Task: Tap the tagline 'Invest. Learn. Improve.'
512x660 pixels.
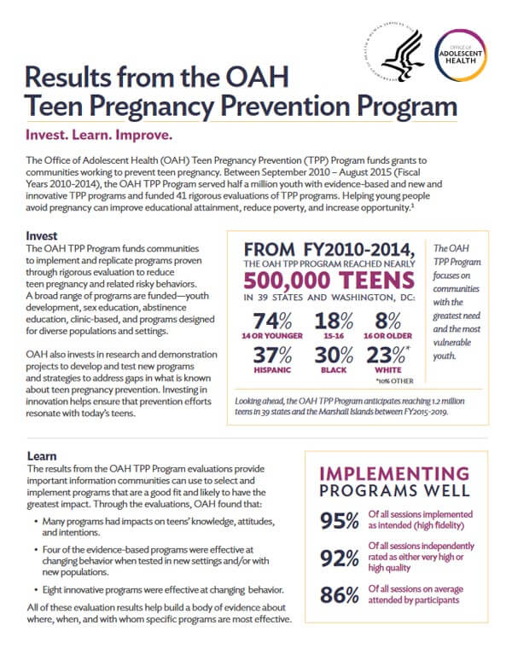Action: click(99, 136)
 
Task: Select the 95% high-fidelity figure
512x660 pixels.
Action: click(338, 521)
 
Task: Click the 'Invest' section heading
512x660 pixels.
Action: click(43, 234)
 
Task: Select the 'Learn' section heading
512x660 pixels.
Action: click(42, 458)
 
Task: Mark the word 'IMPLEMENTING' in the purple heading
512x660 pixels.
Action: click(393, 472)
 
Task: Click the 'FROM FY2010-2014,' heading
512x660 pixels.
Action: click(328, 249)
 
